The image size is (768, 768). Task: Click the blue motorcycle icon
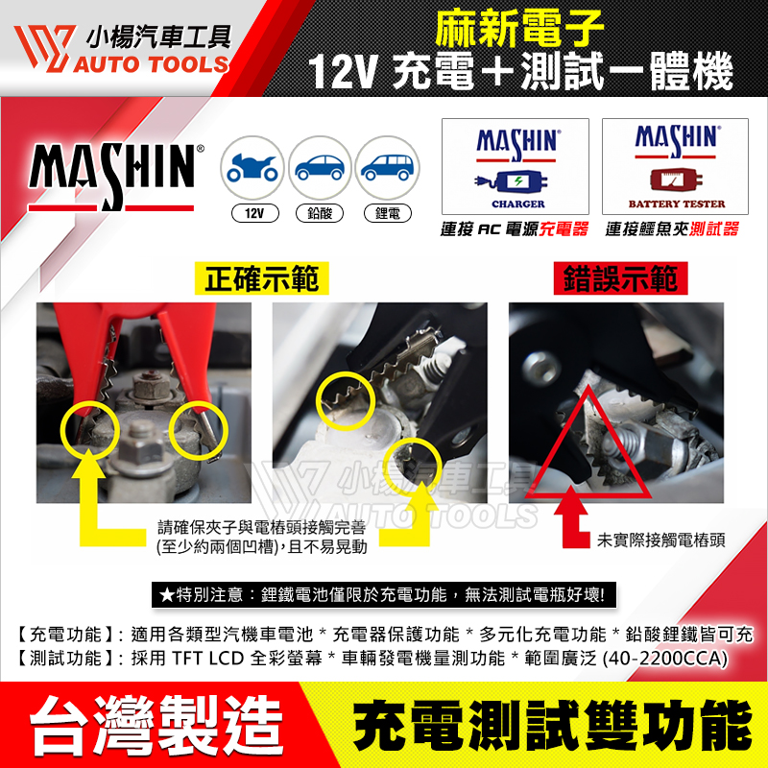(252, 167)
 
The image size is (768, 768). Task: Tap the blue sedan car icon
(320, 167)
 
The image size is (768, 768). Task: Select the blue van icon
(387, 167)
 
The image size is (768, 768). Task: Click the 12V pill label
(254, 213)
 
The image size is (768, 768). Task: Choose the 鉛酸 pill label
(320, 213)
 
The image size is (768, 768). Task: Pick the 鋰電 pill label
(388, 213)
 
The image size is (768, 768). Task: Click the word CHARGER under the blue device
(518, 204)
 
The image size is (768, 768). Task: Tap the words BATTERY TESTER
(677, 204)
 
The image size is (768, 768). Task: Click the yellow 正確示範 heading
(261, 278)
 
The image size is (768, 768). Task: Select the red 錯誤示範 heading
(620, 278)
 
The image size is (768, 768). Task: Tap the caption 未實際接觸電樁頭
(660, 540)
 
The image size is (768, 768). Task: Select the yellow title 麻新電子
(519, 29)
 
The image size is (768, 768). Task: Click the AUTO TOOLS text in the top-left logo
(152, 64)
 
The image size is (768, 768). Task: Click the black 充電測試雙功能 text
(553, 726)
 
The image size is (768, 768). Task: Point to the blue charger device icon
(511, 181)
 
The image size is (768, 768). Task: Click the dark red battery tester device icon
(676, 180)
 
